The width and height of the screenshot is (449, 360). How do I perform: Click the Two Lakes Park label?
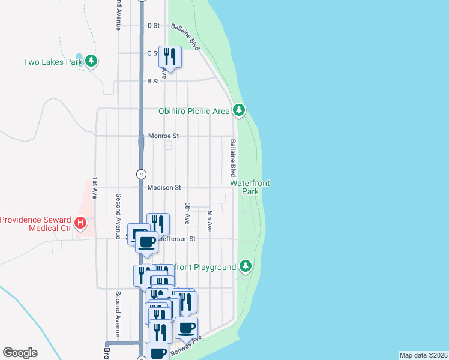click(x=52, y=61)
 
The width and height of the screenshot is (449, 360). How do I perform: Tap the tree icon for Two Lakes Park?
click(x=91, y=61)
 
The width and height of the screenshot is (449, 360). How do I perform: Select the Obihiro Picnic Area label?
click(x=194, y=111)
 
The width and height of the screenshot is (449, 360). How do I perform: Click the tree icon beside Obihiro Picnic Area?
click(x=239, y=110)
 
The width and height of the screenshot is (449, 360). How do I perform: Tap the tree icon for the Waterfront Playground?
click(x=245, y=266)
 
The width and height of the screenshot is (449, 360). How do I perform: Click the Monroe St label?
click(x=164, y=136)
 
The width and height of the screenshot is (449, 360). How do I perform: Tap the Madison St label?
click(x=164, y=188)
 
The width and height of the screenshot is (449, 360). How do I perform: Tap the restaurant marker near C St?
click(x=169, y=57)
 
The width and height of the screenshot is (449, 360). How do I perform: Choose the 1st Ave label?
click(x=95, y=188)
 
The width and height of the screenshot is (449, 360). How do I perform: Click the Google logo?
click(x=20, y=353)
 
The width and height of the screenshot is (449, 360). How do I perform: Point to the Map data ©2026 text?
click(x=423, y=355)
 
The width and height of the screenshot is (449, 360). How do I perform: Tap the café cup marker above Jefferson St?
click(x=146, y=242)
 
